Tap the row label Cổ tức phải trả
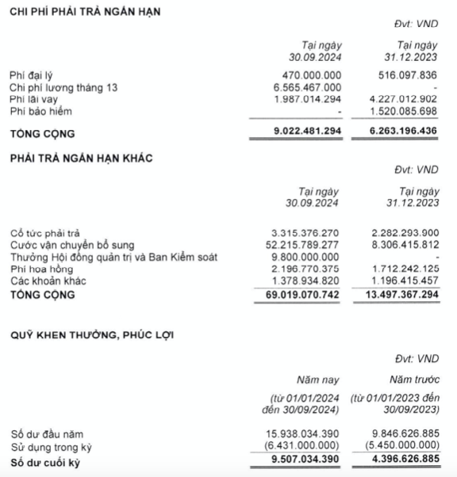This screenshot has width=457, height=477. pyautogui.click(x=45, y=234)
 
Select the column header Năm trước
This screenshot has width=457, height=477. pyautogui.click(x=414, y=380)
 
